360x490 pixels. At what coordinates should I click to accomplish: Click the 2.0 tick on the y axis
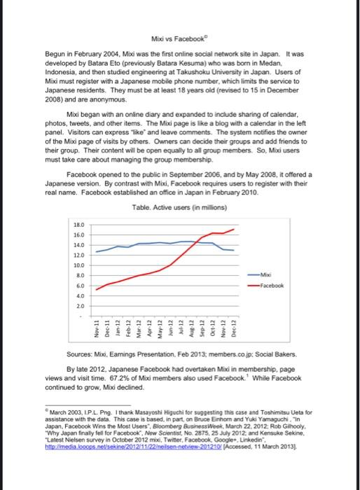[80, 306]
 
